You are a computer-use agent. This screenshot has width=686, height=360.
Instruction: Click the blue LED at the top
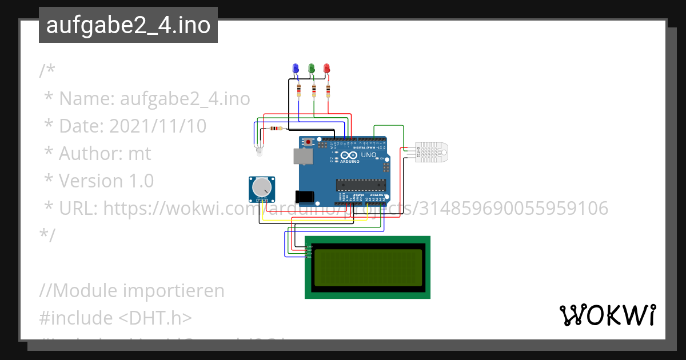pos(296,69)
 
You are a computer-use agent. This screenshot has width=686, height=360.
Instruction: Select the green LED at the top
pos(312,69)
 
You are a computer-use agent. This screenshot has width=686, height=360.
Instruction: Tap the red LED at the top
pos(327,69)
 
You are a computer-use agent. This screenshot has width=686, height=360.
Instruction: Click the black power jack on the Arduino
pos(305,196)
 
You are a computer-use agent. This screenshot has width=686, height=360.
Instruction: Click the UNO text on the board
pos(369,155)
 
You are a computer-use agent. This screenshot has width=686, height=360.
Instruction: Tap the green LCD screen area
pos(367,267)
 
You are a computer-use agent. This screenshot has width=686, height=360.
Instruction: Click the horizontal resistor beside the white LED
pos(277,128)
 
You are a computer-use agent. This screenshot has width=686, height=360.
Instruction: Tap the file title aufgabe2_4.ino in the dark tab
pos(128,25)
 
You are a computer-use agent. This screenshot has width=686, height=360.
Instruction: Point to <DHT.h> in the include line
pos(155,318)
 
